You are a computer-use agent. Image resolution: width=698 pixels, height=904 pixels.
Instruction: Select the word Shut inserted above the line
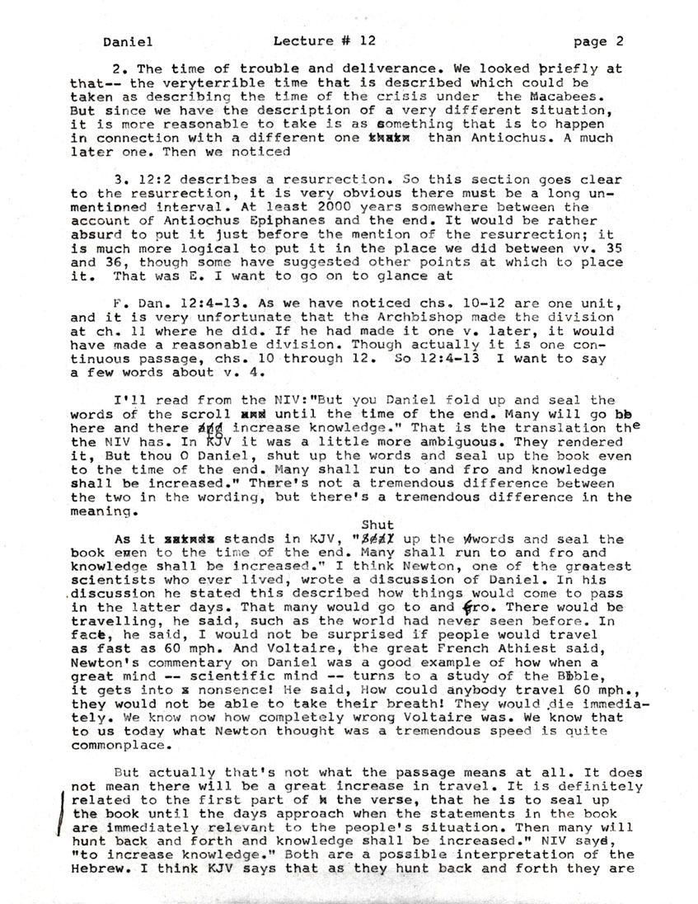click(377, 524)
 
